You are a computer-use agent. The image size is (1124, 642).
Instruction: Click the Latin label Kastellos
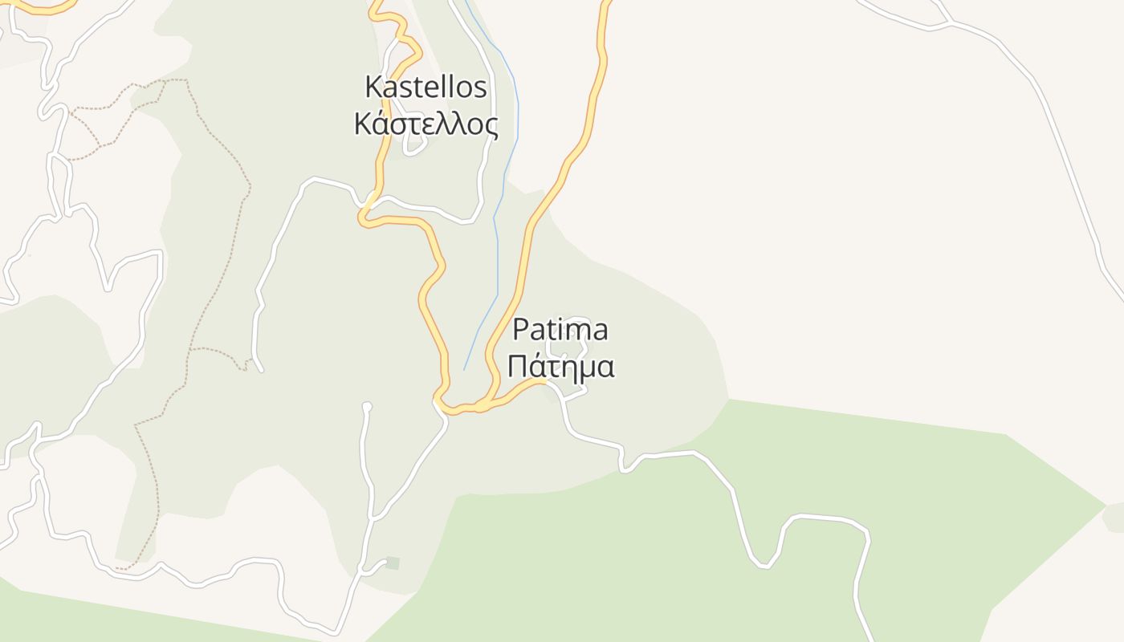426,87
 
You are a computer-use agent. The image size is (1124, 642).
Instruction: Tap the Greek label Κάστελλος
426,124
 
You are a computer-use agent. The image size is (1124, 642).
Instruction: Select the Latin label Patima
560,329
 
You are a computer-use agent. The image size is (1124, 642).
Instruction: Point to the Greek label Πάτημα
561,366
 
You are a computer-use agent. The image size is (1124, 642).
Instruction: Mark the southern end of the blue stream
464,370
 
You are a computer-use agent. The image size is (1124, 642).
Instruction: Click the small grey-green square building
392,563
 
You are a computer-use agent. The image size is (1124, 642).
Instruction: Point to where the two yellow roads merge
479,407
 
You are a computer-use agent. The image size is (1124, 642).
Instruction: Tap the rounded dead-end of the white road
367,406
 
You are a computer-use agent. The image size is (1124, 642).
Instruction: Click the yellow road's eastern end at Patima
545,381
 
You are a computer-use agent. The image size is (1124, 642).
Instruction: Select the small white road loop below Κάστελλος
414,146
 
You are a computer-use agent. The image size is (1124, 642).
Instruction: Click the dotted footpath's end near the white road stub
246,368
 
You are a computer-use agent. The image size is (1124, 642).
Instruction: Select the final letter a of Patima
599,330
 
